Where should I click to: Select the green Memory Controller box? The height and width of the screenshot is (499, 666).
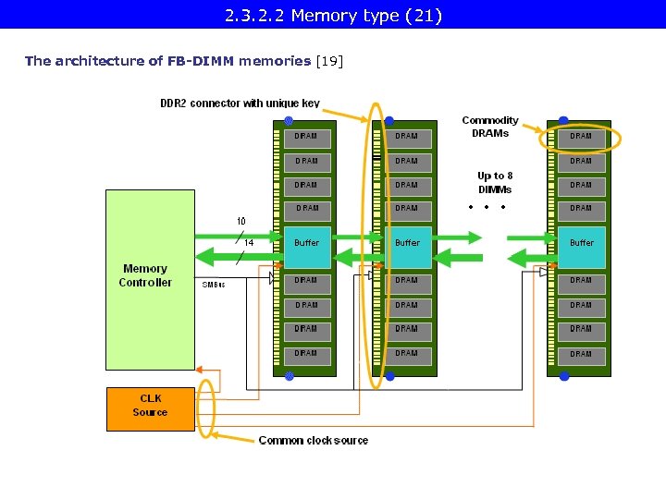[150, 279]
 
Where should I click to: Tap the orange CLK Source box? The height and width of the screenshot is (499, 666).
[150, 408]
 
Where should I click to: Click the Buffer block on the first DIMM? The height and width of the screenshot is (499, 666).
[306, 243]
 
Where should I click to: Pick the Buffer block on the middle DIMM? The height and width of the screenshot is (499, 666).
[407, 243]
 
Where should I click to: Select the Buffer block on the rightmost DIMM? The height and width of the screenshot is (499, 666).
[581, 243]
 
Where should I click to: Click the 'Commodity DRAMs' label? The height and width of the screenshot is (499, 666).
[490, 127]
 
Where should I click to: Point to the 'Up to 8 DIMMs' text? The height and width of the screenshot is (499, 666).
[495, 182]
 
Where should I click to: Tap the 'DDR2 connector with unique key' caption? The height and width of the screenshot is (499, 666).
[240, 103]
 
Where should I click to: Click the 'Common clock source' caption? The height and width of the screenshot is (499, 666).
[313, 441]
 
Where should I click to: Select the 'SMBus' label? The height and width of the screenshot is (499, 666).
[214, 285]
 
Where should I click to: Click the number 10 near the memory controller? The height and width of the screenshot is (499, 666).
[240, 221]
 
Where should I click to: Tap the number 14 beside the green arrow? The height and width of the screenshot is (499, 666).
[248, 243]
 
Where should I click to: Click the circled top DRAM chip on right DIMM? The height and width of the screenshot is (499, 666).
[581, 137]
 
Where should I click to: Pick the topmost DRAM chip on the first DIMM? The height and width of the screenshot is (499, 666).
[306, 137]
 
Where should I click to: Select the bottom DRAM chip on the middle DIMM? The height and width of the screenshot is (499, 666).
[407, 354]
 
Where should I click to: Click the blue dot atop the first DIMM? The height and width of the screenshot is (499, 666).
[289, 121]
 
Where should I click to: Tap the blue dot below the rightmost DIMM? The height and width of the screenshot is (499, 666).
[563, 377]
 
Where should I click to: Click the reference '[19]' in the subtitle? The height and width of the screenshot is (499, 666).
[329, 61]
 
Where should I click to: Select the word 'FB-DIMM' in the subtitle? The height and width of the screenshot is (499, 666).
[201, 61]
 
